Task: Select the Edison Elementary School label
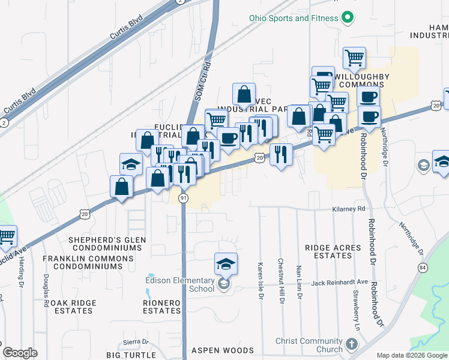[180, 284]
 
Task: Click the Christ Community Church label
[309, 345]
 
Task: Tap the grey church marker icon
[351, 345]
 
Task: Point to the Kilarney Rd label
[349, 209]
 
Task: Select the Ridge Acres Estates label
[333, 251]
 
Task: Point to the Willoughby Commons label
[361, 80]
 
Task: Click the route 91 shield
[184, 198]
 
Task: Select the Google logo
[20, 353]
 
